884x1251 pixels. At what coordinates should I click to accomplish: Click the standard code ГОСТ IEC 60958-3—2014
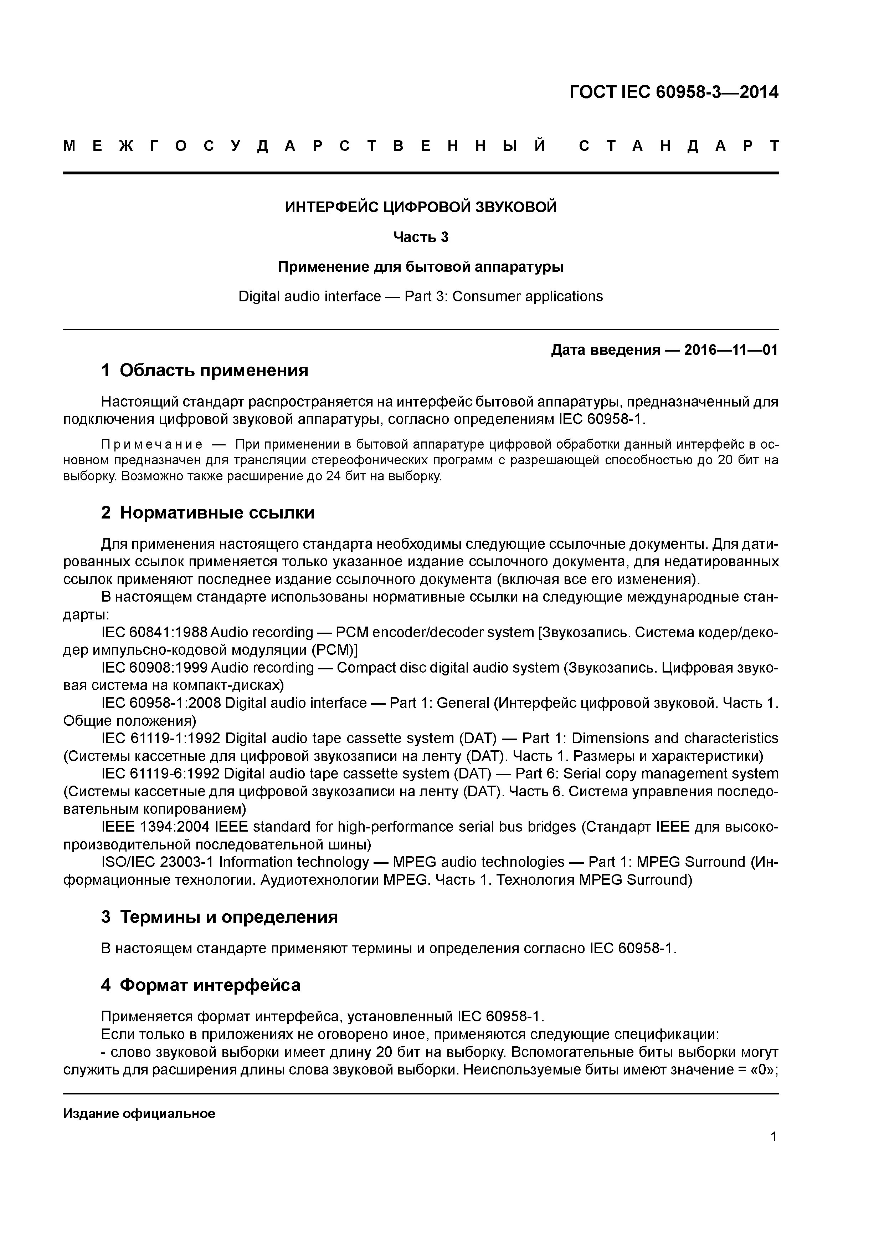(674, 93)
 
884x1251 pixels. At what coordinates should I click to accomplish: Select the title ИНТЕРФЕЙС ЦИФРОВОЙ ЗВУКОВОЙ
(421, 207)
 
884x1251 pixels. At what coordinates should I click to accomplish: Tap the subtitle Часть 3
(421, 237)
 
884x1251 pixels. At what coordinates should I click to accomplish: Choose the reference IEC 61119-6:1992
(161, 774)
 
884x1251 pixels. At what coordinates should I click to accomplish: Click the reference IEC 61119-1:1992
(161, 738)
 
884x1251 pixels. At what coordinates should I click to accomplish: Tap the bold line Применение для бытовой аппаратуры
(421, 267)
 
